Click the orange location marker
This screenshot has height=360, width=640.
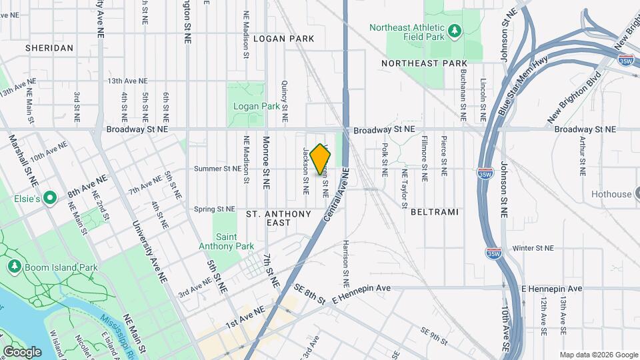click(x=321, y=160)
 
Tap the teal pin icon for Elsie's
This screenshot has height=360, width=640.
click(x=49, y=199)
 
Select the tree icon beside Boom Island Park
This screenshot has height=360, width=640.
click(x=14, y=267)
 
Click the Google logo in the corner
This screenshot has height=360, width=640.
click(x=22, y=351)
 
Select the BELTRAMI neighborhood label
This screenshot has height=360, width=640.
click(x=435, y=212)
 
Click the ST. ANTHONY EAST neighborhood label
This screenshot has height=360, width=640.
click(x=279, y=218)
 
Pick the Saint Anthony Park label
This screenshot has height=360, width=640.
click(x=227, y=241)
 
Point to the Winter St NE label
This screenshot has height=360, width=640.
click(x=533, y=248)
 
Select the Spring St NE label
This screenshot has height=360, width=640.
click(x=215, y=209)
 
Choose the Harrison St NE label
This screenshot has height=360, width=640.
click(x=347, y=259)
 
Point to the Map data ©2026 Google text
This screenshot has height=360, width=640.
click(x=598, y=355)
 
